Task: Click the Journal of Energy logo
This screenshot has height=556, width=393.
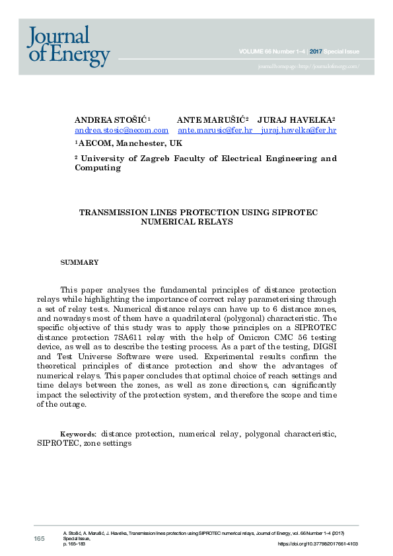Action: point(68,45)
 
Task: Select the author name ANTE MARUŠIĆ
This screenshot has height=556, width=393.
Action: point(210,120)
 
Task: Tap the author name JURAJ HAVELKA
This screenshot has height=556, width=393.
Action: point(295,120)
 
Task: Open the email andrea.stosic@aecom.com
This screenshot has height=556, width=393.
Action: point(122,131)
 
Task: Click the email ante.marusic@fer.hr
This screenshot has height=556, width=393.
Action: point(215,131)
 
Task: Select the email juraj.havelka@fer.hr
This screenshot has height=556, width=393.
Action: point(299,131)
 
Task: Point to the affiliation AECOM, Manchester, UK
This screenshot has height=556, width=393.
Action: point(129,143)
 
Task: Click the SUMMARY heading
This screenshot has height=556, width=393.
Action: point(79,263)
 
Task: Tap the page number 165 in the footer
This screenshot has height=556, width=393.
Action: point(40,539)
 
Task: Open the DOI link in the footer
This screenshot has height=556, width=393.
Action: point(318,544)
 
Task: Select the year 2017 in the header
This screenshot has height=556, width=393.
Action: point(316,51)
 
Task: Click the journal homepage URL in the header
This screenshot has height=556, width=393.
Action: point(309,67)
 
